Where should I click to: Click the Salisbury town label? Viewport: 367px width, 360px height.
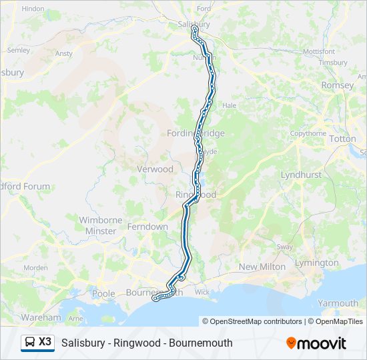194,24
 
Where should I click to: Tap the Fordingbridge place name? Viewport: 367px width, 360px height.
196,133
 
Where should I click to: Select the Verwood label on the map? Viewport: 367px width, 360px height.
155,169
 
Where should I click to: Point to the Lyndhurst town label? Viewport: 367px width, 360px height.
301,175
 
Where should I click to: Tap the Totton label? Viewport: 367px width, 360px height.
342,139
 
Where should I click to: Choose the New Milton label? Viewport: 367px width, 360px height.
262,267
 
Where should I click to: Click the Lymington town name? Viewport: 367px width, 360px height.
317,263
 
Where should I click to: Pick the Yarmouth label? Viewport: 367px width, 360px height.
338,303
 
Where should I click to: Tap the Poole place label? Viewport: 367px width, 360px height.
103,293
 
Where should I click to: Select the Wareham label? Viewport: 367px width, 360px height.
41,317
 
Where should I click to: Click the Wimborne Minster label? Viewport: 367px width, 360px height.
101,225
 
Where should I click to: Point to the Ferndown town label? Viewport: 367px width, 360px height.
149,227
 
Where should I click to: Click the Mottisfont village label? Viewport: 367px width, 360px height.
319,51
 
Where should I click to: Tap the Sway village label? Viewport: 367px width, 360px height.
285,247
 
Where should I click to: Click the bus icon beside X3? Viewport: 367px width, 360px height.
30,343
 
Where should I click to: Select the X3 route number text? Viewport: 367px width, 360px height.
45,342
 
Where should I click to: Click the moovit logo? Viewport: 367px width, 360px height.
316,343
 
